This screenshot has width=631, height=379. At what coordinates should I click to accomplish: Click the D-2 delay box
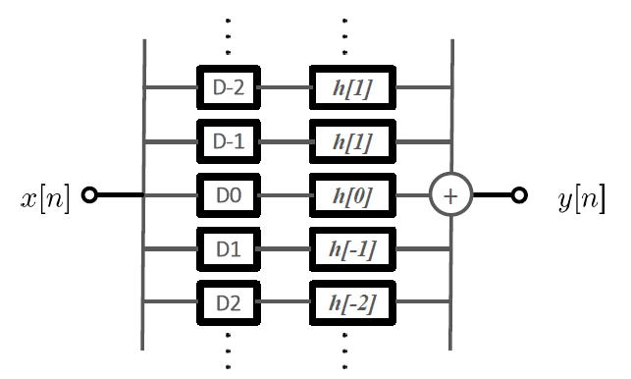pyautogui.click(x=228, y=87)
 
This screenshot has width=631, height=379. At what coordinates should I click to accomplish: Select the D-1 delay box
pyautogui.click(x=228, y=141)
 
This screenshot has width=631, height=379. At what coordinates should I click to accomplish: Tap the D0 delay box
pyautogui.click(x=228, y=195)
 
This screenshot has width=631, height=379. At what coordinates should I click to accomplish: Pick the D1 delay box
pyautogui.click(x=228, y=249)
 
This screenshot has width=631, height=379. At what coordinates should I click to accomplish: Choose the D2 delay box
pyautogui.click(x=228, y=303)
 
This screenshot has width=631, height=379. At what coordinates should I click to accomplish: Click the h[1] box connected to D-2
pyautogui.click(x=353, y=87)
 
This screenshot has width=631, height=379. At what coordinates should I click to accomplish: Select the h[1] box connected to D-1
pyautogui.click(x=353, y=141)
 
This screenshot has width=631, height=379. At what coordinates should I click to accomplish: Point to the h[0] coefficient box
pyautogui.click(x=353, y=195)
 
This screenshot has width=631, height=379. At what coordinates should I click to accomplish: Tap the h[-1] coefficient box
pyautogui.click(x=353, y=249)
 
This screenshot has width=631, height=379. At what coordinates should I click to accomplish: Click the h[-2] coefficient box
pyautogui.click(x=353, y=303)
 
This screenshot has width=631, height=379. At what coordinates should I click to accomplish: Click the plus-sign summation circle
pyautogui.click(x=451, y=195)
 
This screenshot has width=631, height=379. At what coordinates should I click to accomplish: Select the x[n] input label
pyautogui.click(x=45, y=197)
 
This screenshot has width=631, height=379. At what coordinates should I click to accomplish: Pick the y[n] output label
pyautogui.click(x=580, y=197)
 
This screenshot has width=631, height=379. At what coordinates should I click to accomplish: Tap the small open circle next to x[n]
pyautogui.click(x=90, y=195)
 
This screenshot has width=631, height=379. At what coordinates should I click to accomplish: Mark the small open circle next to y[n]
pyautogui.click(x=520, y=195)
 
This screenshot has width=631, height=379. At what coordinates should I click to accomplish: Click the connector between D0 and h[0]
pyautogui.click(x=285, y=195)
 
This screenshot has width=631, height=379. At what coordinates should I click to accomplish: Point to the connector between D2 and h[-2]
pyautogui.click(x=285, y=303)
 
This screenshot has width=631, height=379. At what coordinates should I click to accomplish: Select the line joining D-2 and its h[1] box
pyautogui.click(x=285, y=87)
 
